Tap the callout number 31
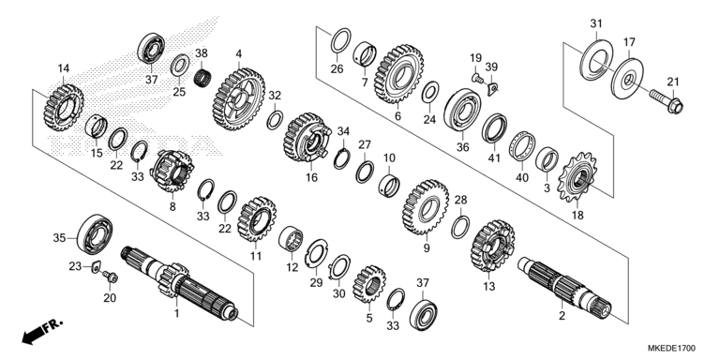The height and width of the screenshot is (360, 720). (596, 23)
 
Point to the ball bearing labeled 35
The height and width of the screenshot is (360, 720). (96, 234)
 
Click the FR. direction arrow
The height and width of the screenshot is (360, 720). (41, 331)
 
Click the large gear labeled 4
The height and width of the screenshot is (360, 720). (239, 99)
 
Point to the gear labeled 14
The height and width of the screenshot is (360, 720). (64, 108)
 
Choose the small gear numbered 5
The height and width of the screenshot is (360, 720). (369, 283)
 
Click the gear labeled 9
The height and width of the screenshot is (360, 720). (426, 207)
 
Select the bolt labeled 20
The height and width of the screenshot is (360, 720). (111, 277)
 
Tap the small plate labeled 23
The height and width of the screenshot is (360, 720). (96, 266)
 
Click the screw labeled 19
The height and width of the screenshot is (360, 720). (477, 78)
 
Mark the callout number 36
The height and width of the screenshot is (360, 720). (462, 147)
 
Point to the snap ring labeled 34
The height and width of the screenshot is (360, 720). (341, 158)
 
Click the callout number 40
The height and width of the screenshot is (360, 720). (522, 177)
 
